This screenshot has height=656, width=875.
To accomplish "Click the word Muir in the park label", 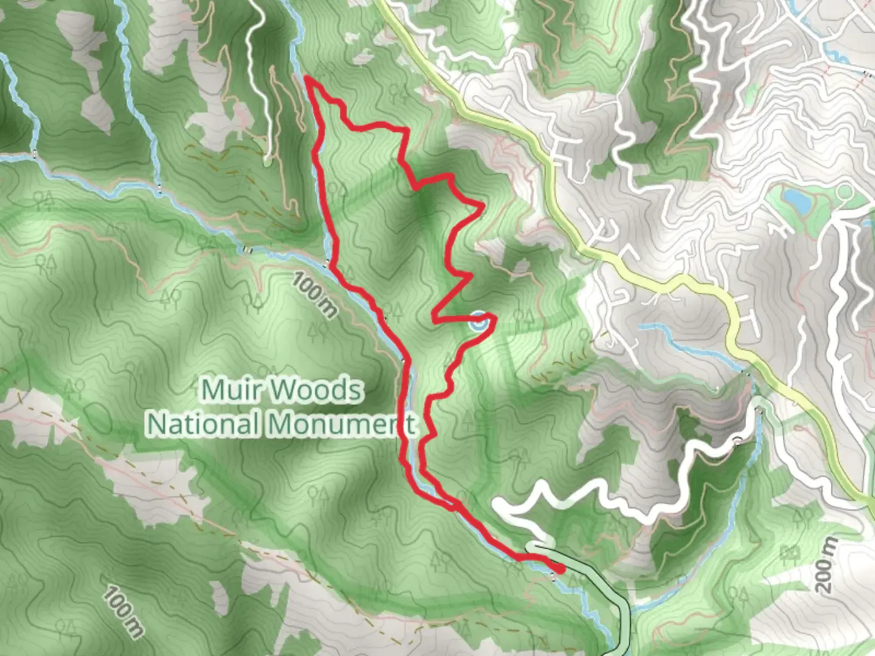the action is click(x=226, y=390).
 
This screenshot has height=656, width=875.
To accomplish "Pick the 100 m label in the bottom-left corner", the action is click(x=124, y=611).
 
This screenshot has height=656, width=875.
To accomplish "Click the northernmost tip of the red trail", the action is click(x=306, y=78).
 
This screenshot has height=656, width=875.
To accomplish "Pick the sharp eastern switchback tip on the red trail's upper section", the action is click(x=482, y=207).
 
